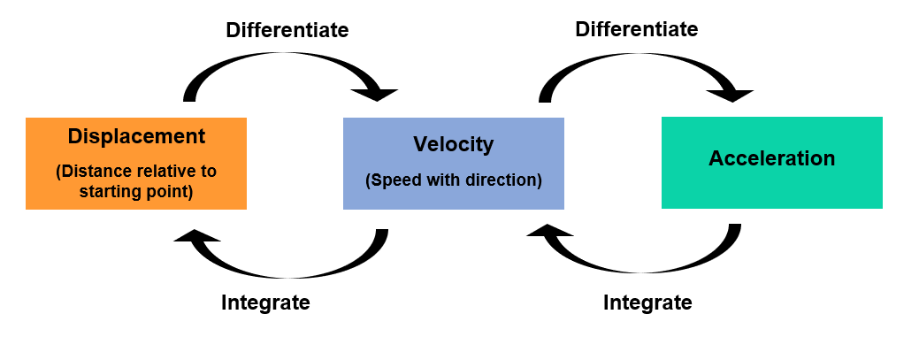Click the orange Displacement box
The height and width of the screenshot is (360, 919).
136,164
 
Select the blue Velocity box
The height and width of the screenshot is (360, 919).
454,164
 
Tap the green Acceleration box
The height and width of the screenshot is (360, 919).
772,163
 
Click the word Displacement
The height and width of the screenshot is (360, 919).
136,136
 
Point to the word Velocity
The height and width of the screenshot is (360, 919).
454,144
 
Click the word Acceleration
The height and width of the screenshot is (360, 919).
772,158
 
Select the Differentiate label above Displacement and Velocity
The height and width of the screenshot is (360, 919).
287,30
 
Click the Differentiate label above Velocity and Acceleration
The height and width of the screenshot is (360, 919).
637,29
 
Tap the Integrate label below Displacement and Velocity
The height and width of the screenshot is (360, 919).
265,303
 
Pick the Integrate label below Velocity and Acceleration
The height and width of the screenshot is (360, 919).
647,303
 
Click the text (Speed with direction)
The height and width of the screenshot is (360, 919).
454,180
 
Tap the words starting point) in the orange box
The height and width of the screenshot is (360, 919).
136,192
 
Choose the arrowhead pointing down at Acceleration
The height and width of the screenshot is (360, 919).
731,95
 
